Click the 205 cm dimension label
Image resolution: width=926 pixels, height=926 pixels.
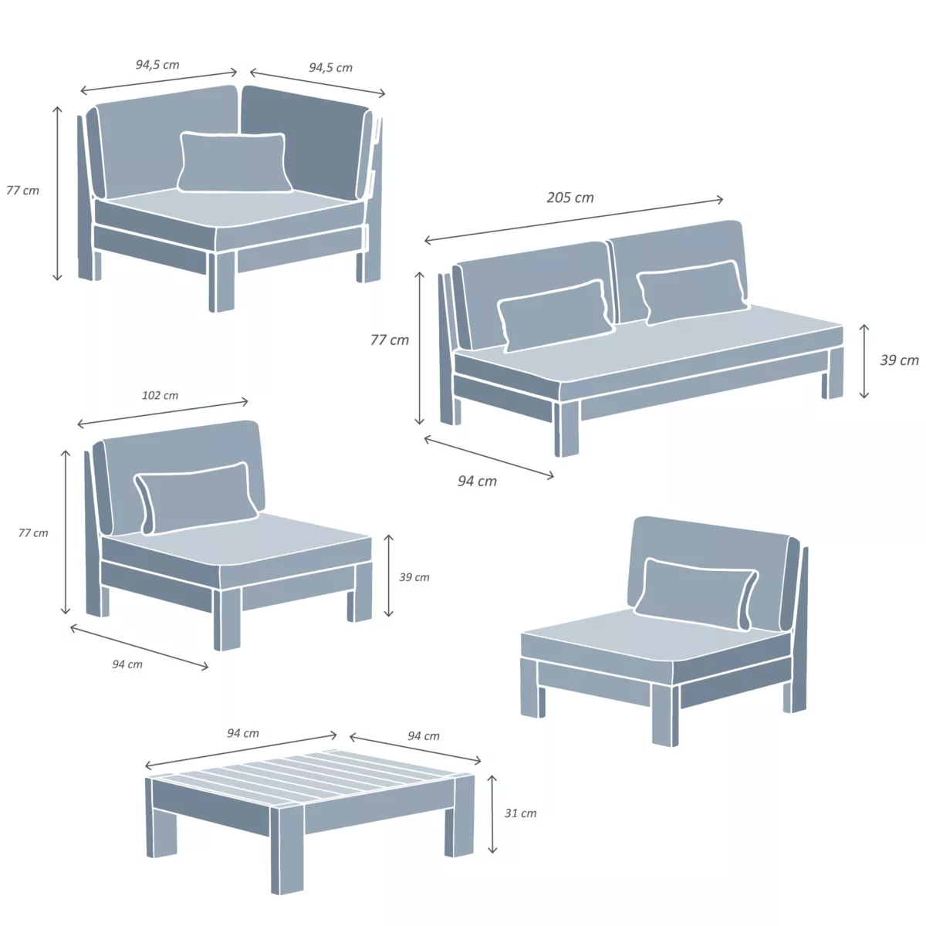(x=570, y=198)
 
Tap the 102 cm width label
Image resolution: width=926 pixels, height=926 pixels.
(x=160, y=396)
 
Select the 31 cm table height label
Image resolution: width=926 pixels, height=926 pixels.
(x=520, y=813)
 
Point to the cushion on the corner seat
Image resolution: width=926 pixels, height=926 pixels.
(x=235, y=162)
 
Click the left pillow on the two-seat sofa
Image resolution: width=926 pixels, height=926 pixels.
(x=555, y=316)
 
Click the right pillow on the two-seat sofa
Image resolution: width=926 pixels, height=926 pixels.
(x=692, y=292)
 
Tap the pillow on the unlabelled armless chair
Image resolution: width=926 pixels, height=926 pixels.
(x=696, y=593)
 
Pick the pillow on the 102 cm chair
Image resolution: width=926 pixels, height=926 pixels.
(x=195, y=498)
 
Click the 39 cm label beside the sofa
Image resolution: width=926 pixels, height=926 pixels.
(x=899, y=360)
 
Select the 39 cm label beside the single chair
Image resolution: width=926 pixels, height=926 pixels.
(x=414, y=577)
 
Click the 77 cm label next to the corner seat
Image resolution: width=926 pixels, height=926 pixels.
(x=22, y=191)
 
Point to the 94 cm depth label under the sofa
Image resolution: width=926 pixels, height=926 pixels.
(x=477, y=481)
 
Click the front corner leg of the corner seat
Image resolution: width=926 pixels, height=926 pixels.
(x=221, y=281)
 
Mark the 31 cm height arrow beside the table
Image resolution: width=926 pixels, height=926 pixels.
(x=492, y=814)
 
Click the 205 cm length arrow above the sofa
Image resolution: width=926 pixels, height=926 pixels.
(x=574, y=220)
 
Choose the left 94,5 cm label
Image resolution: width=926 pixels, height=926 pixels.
(x=157, y=64)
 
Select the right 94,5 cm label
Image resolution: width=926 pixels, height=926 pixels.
(x=330, y=67)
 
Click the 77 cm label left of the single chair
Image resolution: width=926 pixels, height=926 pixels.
(x=33, y=533)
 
